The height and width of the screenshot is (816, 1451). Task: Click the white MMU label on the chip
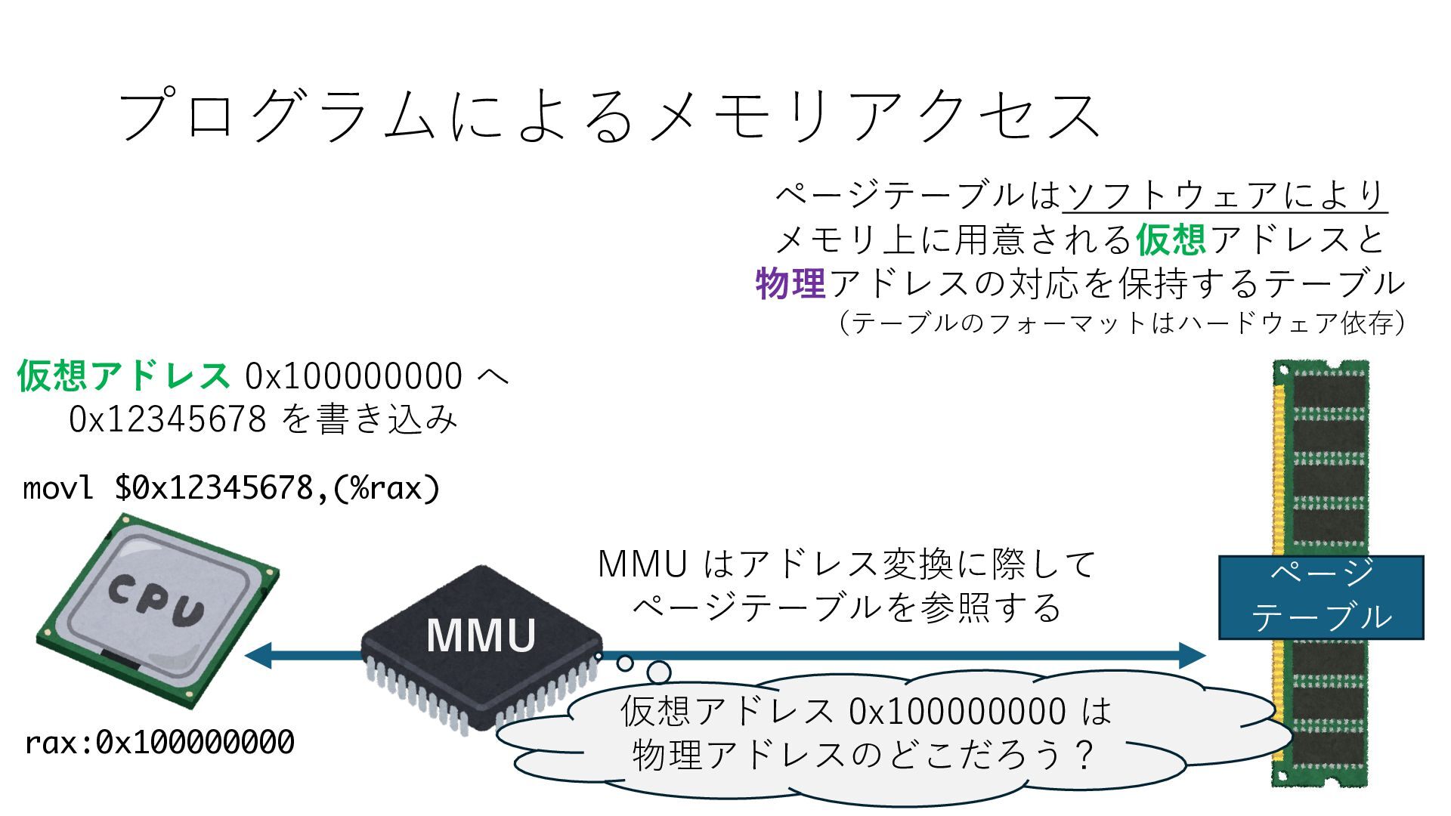(481, 635)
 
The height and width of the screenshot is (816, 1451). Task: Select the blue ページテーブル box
(1320, 597)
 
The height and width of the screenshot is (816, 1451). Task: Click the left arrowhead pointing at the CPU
(257, 655)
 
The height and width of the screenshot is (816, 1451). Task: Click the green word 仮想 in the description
(1171, 240)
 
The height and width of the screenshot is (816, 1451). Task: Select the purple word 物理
(790, 284)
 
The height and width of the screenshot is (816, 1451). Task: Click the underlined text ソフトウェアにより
(1224, 196)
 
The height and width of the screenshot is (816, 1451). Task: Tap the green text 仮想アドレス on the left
(123, 376)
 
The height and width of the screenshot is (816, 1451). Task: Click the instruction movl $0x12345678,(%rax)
(231, 488)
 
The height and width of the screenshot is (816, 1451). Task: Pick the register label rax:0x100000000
(159, 743)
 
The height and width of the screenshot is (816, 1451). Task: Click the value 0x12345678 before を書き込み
(167, 419)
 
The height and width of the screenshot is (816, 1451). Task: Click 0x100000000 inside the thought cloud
(957, 711)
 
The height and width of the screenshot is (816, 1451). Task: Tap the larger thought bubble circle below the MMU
(659, 672)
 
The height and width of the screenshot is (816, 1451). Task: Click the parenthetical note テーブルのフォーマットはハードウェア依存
(1122, 323)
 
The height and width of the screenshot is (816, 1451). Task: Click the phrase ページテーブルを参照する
(846, 607)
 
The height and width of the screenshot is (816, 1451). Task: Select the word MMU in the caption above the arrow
(642, 564)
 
